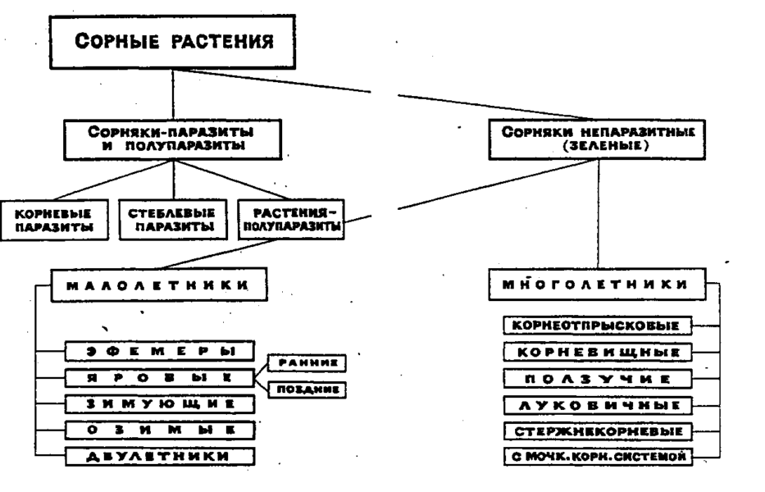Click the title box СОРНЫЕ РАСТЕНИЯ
click(172, 43)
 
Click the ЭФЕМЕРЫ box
click(161, 352)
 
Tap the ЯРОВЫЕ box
click(161, 377)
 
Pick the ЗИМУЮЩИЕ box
click(161, 403)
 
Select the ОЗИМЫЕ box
click(161, 428)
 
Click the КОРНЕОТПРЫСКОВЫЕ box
click(596, 326)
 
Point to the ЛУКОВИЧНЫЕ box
click(596, 404)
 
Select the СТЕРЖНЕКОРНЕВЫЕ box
click(596, 430)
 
